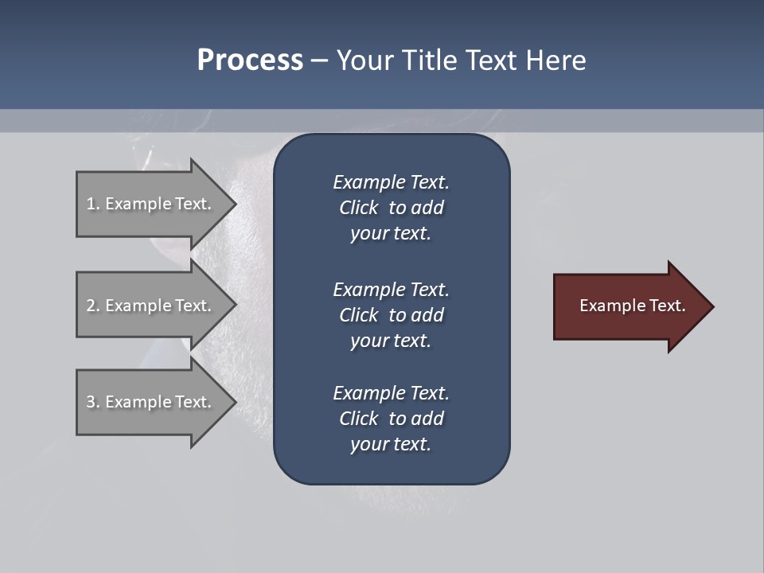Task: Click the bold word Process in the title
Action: tap(250, 60)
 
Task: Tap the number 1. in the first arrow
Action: tap(92, 204)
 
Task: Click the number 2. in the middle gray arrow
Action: tap(92, 306)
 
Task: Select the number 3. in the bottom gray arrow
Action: tap(92, 402)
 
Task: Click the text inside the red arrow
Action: tap(633, 306)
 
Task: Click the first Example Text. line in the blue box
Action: tap(391, 182)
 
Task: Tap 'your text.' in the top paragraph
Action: tap(391, 233)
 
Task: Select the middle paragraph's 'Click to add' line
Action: tap(391, 315)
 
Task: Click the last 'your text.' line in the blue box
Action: tap(391, 444)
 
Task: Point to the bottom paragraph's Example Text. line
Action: tap(391, 393)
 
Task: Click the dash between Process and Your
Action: tap(319, 61)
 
